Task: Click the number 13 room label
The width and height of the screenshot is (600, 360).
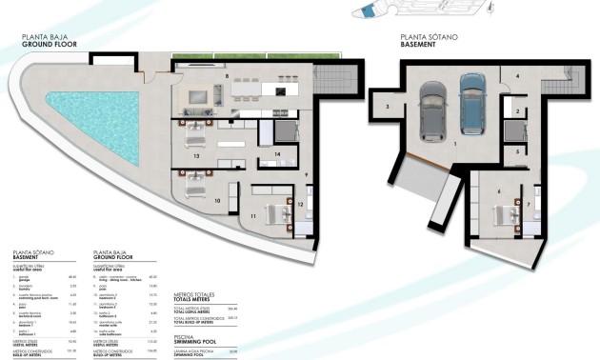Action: click(x=195, y=153)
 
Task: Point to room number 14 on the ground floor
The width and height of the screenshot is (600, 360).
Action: click(x=276, y=153)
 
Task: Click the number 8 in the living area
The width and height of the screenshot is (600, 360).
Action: click(x=227, y=74)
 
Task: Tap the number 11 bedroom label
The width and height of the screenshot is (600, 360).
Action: click(x=253, y=218)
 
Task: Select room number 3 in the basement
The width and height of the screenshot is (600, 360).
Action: click(x=387, y=108)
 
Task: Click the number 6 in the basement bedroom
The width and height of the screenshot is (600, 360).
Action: click(x=498, y=190)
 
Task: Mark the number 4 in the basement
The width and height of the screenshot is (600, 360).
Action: click(x=518, y=75)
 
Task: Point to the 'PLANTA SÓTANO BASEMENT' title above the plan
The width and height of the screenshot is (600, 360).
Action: click(x=430, y=40)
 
